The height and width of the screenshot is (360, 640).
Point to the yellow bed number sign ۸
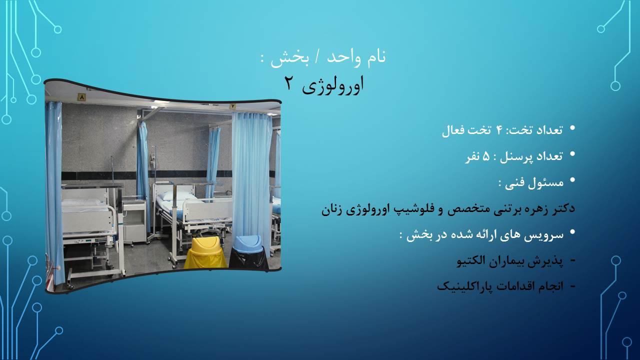pos(82,97)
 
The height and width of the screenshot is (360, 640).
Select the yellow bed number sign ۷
pos(232,106)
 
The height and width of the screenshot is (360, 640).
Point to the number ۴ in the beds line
pos(500,130)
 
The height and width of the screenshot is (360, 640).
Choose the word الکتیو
pos(473,260)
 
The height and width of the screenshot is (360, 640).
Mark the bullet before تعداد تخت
pos(572,128)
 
